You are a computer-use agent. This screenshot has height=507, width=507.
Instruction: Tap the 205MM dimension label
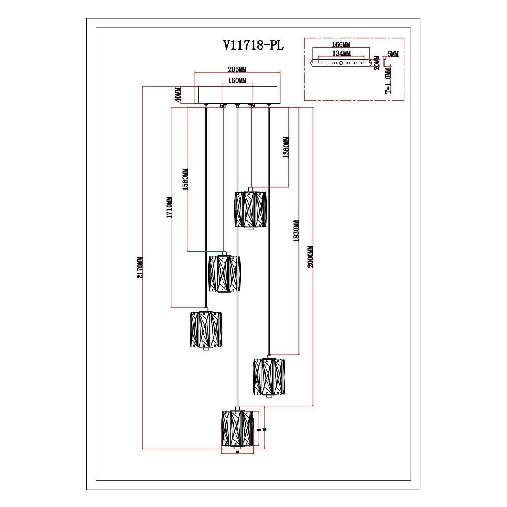[237, 69]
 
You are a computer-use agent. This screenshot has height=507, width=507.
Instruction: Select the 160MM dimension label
[237, 81]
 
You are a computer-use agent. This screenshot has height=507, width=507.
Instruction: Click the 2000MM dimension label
[310, 257]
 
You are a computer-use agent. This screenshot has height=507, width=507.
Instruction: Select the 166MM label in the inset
[341, 45]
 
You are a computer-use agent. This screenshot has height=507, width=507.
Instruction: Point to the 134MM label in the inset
[341, 53]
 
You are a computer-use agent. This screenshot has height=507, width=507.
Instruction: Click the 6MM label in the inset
[393, 54]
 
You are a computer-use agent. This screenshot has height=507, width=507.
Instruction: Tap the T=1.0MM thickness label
[388, 82]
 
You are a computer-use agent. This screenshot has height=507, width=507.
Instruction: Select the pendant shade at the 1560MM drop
[223, 274]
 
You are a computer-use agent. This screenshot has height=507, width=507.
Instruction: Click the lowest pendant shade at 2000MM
[237, 428]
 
